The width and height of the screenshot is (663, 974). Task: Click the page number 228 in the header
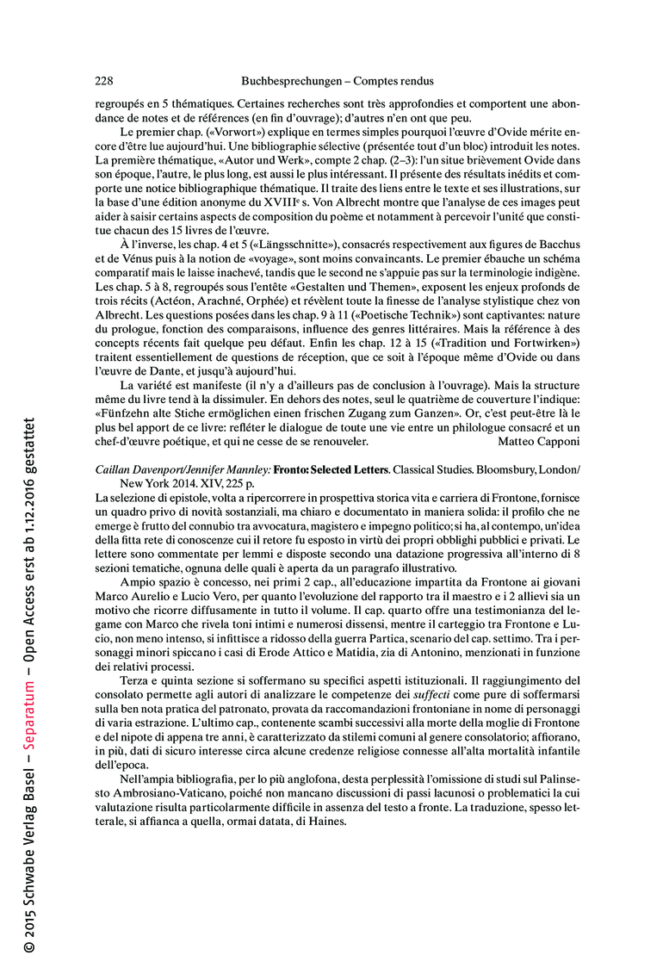click(103, 82)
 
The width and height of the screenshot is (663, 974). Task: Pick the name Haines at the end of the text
click(326, 822)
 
